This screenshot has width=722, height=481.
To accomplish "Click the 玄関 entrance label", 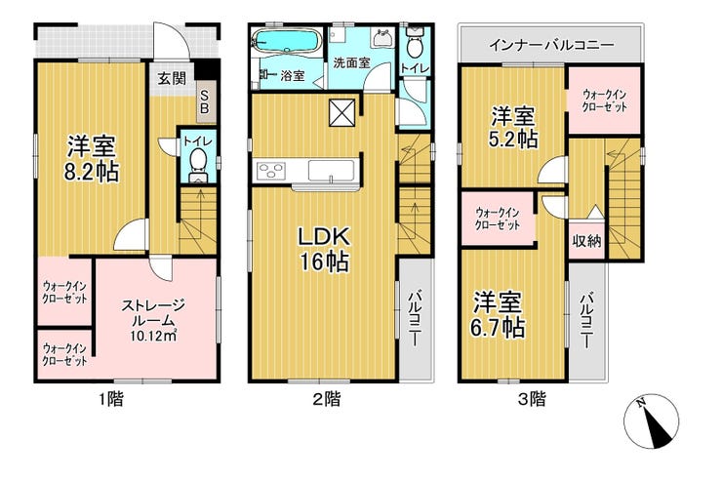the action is click(x=172, y=79).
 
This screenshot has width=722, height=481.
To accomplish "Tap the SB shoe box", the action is click(x=205, y=102).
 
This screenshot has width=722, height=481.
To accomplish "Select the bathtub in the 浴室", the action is click(x=287, y=41).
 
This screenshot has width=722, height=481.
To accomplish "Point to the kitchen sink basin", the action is click(x=331, y=171).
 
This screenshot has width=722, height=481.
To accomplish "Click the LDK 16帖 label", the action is click(x=325, y=250).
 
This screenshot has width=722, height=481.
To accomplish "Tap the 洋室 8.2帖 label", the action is click(x=91, y=159).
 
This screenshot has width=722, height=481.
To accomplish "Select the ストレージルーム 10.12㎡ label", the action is click(x=153, y=320).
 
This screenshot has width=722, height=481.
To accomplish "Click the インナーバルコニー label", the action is click(x=551, y=45).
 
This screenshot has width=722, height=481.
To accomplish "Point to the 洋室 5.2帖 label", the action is click(x=513, y=127).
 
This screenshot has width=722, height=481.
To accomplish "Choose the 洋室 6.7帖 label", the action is click(x=498, y=315).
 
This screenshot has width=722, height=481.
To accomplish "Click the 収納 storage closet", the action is click(x=586, y=240).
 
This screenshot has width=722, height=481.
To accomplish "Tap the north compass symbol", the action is click(x=652, y=421).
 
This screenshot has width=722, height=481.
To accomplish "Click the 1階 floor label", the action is click(x=111, y=399).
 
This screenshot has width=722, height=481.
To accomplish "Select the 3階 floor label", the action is click(x=532, y=399).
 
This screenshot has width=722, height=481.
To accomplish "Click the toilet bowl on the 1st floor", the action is click(x=198, y=159).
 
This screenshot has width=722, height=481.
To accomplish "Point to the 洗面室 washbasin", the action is click(x=383, y=37).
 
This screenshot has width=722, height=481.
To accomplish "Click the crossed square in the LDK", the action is click(x=342, y=112).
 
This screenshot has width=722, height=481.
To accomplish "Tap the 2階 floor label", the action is click(x=327, y=399).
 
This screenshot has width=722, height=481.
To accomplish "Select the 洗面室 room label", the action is click(x=351, y=62).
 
